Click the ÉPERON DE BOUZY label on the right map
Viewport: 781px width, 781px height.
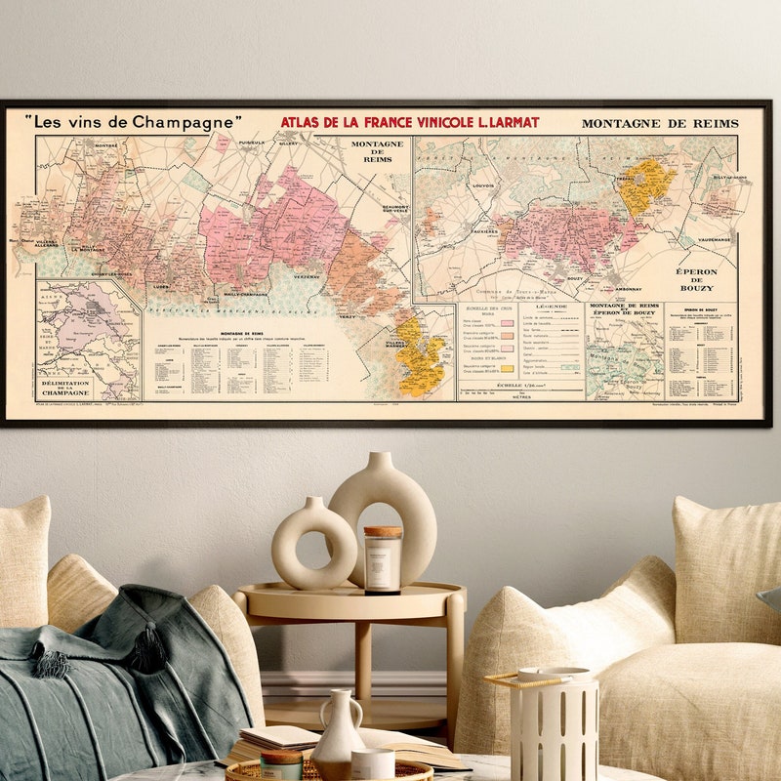tap(697, 279)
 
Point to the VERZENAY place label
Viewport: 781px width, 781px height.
tap(307, 278)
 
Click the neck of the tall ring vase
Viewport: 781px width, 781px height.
tap(383, 463)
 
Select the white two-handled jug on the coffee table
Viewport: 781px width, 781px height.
tap(339, 734)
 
